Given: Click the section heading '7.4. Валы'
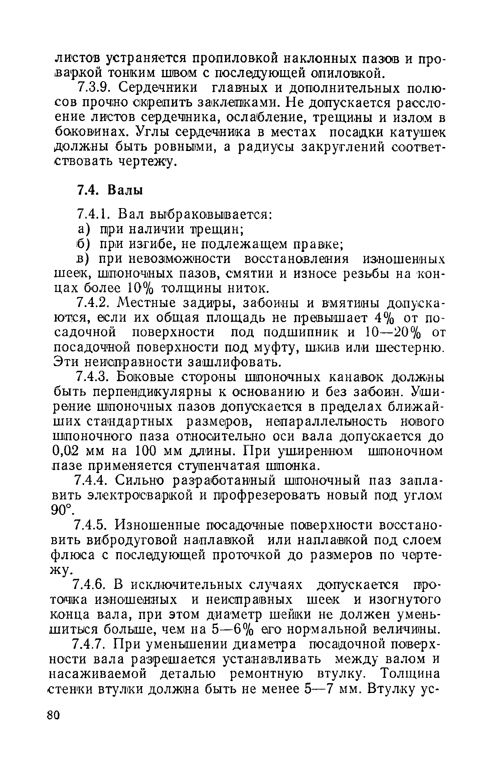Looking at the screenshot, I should click(x=110, y=190).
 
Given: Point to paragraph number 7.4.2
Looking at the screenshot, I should click(x=92, y=303).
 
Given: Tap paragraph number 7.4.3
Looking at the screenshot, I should click(x=92, y=377).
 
